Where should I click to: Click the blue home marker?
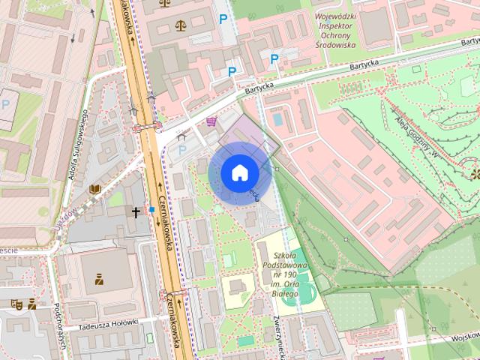[x=238, y=172]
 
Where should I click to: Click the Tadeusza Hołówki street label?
[x=109, y=324]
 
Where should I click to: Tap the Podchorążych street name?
[x=60, y=322]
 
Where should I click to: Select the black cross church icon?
[x=136, y=213]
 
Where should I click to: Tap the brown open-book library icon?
[x=94, y=190]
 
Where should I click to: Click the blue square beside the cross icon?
[x=151, y=209]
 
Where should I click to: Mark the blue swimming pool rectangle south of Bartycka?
[x=278, y=119]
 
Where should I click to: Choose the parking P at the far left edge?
[x=6, y=103]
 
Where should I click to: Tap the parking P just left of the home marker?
[x=181, y=150]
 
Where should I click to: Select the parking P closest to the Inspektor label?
[x=274, y=58]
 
